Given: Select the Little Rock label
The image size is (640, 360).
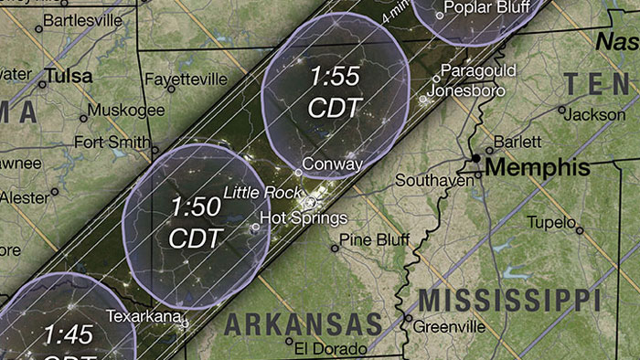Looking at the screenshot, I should coord(261,193).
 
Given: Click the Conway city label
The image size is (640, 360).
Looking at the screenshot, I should coord(332,164).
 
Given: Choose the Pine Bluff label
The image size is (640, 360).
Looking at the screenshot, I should coord(373,239).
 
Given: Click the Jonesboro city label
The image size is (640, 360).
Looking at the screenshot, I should coord(465,91).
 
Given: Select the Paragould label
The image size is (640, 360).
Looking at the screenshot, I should coord(478,71).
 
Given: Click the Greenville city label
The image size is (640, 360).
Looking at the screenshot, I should coord(451,326).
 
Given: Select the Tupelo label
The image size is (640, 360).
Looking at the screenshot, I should coord(550,222).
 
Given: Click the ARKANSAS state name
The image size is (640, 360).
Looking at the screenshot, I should coord(303,323).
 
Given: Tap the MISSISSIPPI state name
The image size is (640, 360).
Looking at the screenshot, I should coord(508,299).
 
